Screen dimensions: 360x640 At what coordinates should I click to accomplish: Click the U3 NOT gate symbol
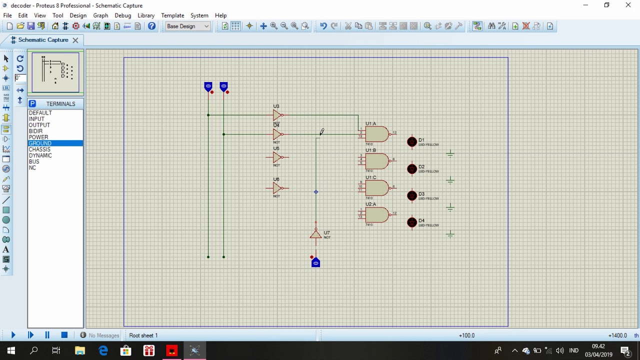277,115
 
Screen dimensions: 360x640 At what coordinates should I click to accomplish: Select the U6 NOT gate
277,188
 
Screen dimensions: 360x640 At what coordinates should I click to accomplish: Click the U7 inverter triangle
315,234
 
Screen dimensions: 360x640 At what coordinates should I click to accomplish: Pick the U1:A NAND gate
376,134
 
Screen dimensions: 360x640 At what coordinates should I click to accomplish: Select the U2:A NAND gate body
376,215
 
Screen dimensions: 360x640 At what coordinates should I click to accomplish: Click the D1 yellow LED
412,142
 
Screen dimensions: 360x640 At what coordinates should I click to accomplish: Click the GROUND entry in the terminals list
40,143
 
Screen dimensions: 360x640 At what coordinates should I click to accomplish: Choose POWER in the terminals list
38,137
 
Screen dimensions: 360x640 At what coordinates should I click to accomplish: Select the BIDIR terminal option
35,131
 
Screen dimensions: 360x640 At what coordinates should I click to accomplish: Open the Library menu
146,15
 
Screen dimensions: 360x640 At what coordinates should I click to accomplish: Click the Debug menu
122,15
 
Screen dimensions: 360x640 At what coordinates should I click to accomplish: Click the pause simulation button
47,335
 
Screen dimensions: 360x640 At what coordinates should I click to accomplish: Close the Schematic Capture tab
75,40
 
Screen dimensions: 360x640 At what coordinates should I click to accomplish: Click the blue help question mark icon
151,26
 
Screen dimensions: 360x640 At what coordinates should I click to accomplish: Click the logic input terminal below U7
315,262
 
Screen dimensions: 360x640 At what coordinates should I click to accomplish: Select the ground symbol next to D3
450,207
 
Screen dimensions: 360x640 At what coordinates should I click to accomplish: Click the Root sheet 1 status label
143,335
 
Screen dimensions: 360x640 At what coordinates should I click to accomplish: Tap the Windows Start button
11,350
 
